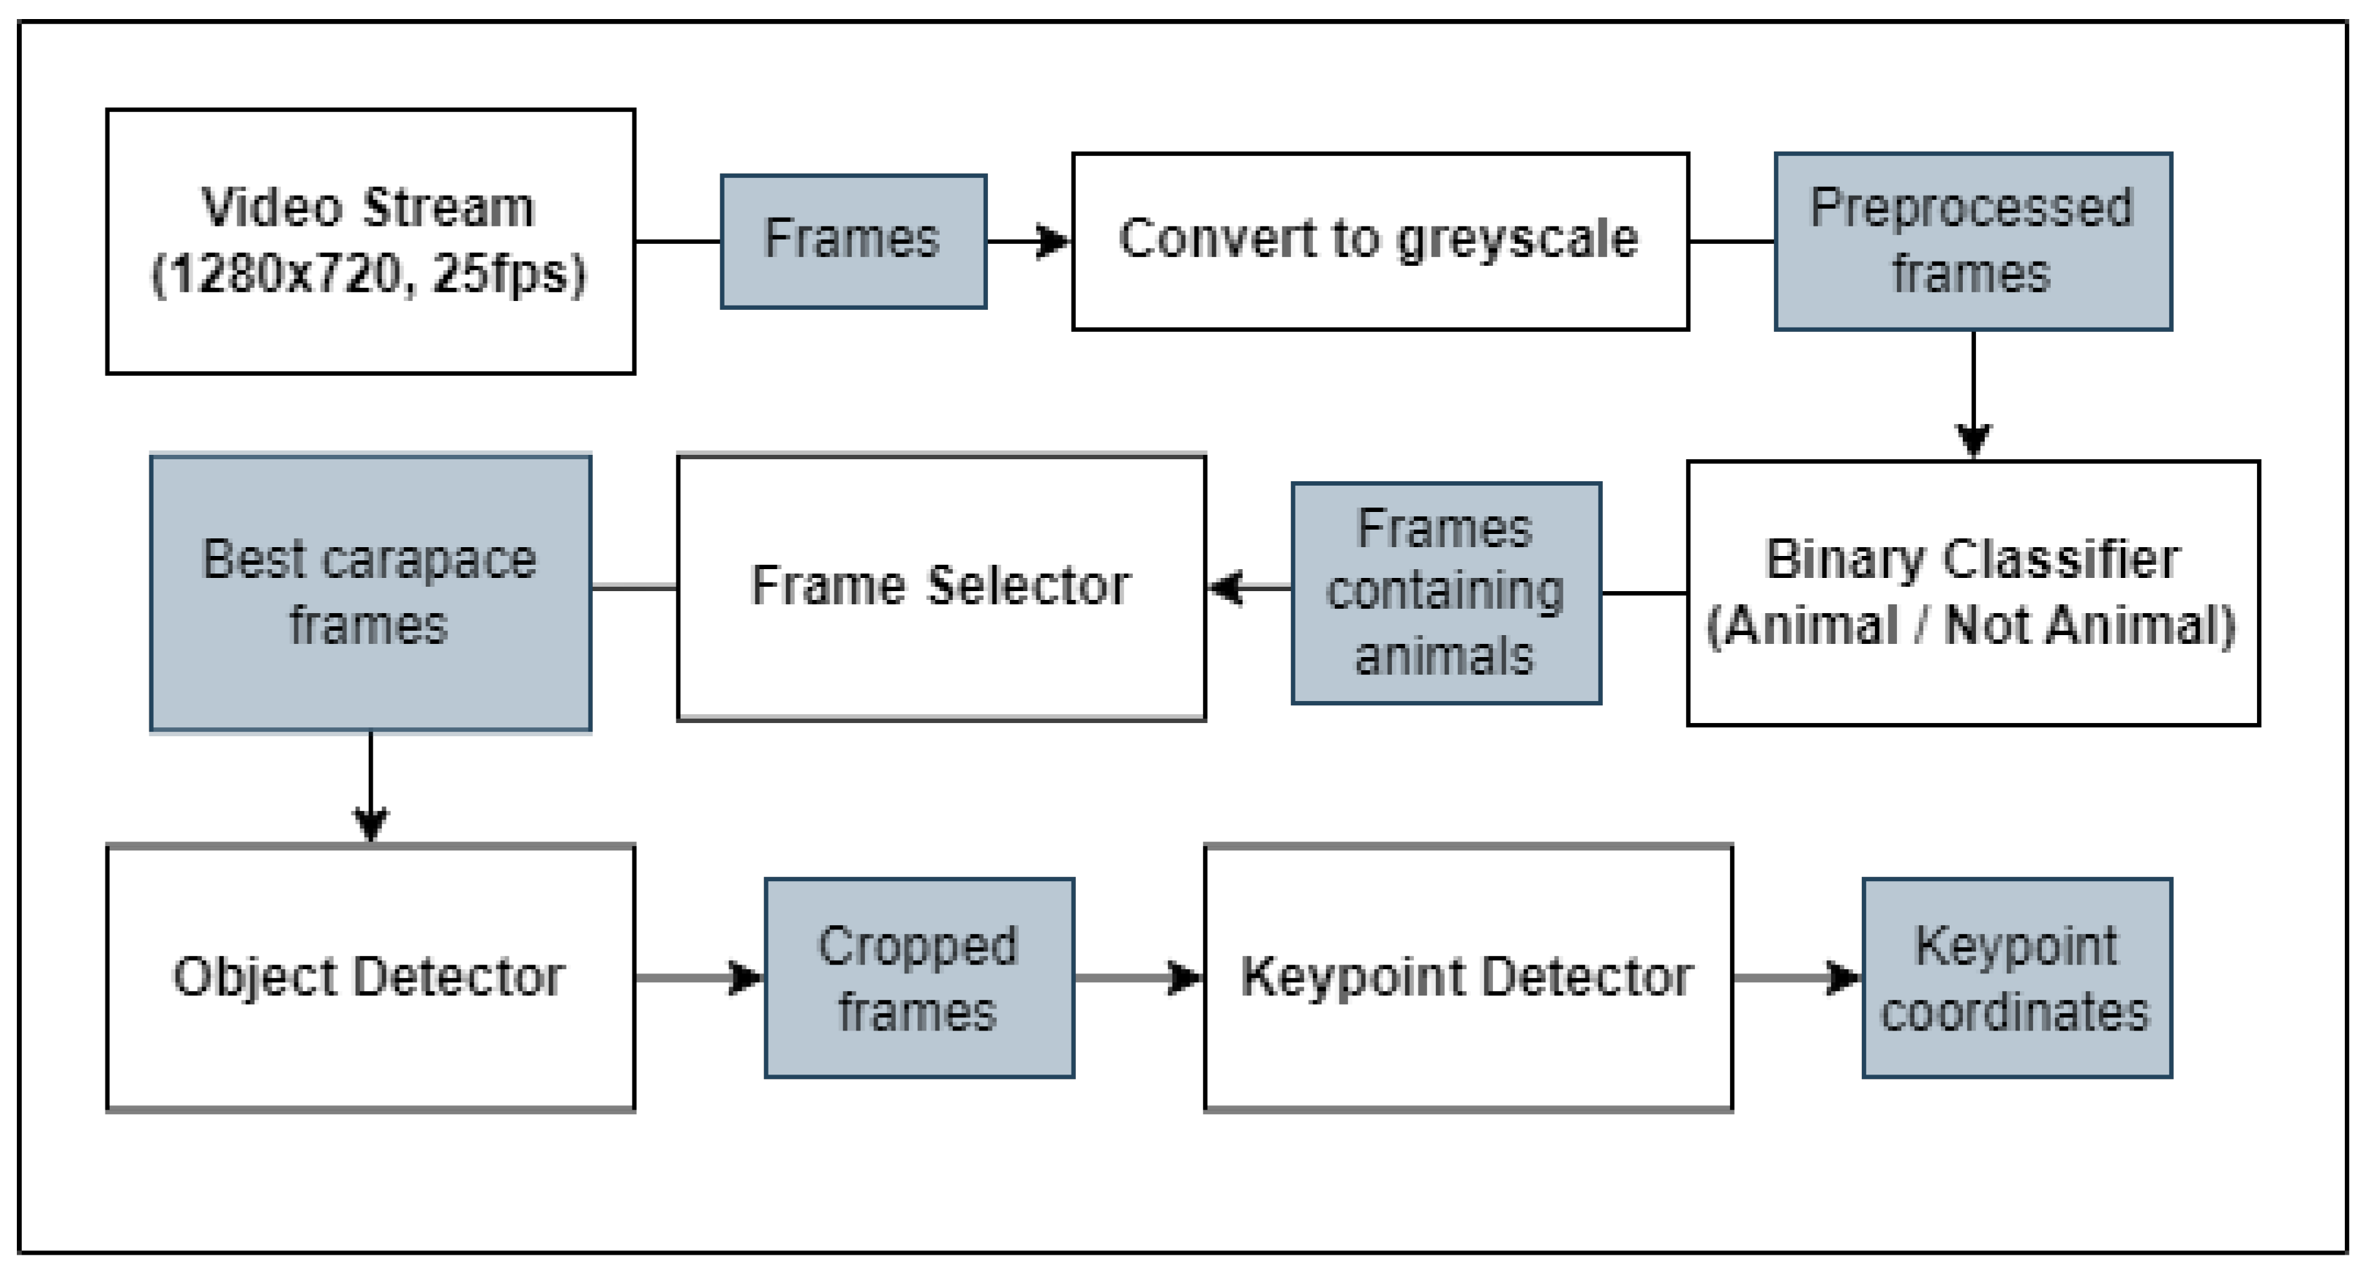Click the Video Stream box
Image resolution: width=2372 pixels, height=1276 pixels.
pos(370,242)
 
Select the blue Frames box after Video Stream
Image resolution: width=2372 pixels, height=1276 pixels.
pos(853,242)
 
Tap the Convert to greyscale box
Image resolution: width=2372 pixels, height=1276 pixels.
pos(1380,242)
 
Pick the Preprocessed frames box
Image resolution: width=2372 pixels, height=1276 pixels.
pos(1972,242)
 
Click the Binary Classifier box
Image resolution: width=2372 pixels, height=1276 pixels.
pos(1972,593)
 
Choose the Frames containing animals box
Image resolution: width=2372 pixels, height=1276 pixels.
pos(1445,593)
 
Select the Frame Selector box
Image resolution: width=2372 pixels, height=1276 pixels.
pos(941,587)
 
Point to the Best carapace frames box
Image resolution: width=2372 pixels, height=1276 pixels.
pos(370,593)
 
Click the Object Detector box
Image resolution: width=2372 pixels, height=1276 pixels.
pos(370,976)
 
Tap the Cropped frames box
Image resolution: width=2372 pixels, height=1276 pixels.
pos(919,976)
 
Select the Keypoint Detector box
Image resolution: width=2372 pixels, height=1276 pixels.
pos(1467,976)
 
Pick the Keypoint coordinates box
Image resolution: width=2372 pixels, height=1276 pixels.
pos(2016,976)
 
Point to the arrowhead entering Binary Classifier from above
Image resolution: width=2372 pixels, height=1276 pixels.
pos(1972,440)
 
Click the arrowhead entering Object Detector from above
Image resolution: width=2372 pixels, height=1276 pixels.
pos(370,823)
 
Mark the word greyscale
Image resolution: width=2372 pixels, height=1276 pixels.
pos(1517,240)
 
